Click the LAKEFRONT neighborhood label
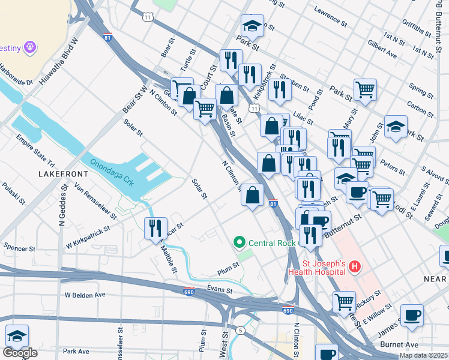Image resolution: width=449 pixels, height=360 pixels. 63,173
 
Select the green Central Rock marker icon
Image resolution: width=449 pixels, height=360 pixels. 240,243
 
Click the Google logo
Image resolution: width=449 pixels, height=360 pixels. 20,353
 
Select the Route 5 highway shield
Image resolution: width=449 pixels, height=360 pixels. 240,331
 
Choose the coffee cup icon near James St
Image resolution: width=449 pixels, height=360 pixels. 412,315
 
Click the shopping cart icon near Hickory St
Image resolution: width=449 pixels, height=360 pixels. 344,301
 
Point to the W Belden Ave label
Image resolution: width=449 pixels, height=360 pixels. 85,295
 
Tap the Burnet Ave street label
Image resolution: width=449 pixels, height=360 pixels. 399,345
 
